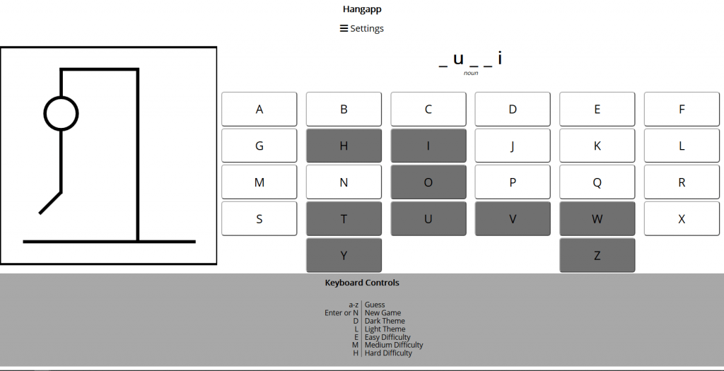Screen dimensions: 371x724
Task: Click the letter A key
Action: [x=259, y=110]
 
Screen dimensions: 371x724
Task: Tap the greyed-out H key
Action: [x=344, y=146]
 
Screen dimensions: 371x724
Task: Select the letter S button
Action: [x=259, y=219]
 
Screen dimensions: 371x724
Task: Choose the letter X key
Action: [x=682, y=219]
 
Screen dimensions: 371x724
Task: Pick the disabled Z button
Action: [x=597, y=256]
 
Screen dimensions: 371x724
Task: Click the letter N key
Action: [x=344, y=182]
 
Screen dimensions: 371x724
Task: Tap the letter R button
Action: [x=682, y=182]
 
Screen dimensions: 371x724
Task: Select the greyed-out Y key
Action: [x=344, y=256]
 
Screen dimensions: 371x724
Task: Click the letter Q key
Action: [x=597, y=182]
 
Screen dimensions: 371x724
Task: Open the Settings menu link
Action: [x=362, y=28]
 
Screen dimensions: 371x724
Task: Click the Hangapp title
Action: [x=362, y=9]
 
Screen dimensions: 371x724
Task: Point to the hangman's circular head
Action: [x=62, y=113]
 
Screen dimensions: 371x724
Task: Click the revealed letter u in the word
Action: [x=458, y=59]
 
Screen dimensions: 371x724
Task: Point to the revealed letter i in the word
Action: [x=500, y=59]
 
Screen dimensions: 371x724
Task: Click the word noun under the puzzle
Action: [x=471, y=73]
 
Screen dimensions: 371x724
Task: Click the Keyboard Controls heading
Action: [x=362, y=283]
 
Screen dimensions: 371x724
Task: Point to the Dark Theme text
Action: [x=385, y=321]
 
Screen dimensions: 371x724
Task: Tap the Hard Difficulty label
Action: [x=388, y=353]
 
